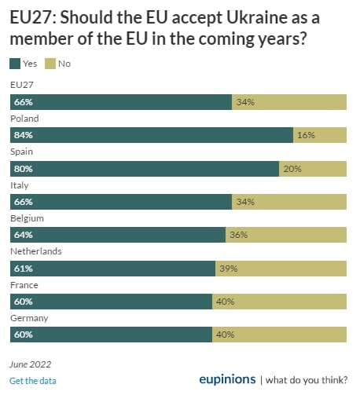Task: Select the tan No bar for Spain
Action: pyautogui.click(x=312, y=168)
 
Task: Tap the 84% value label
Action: pyautogui.click(x=23, y=135)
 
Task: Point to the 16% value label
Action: pyautogui.click(x=306, y=135)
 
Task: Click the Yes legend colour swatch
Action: pyautogui.click(x=16, y=64)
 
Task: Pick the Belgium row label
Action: pyautogui.click(x=27, y=218)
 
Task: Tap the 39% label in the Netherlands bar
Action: pyautogui.click(x=229, y=268)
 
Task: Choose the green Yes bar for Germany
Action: pyautogui.click(x=111, y=335)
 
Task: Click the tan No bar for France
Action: pyautogui.click(x=279, y=302)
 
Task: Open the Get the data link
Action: pyautogui.click(x=32, y=381)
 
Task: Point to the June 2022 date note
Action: pyautogui.click(x=30, y=364)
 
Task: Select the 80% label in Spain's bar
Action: pyautogui.click(x=23, y=168)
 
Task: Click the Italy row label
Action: pyautogui.click(x=19, y=185)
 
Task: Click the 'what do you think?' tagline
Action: pyautogui.click(x=307, y=381)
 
